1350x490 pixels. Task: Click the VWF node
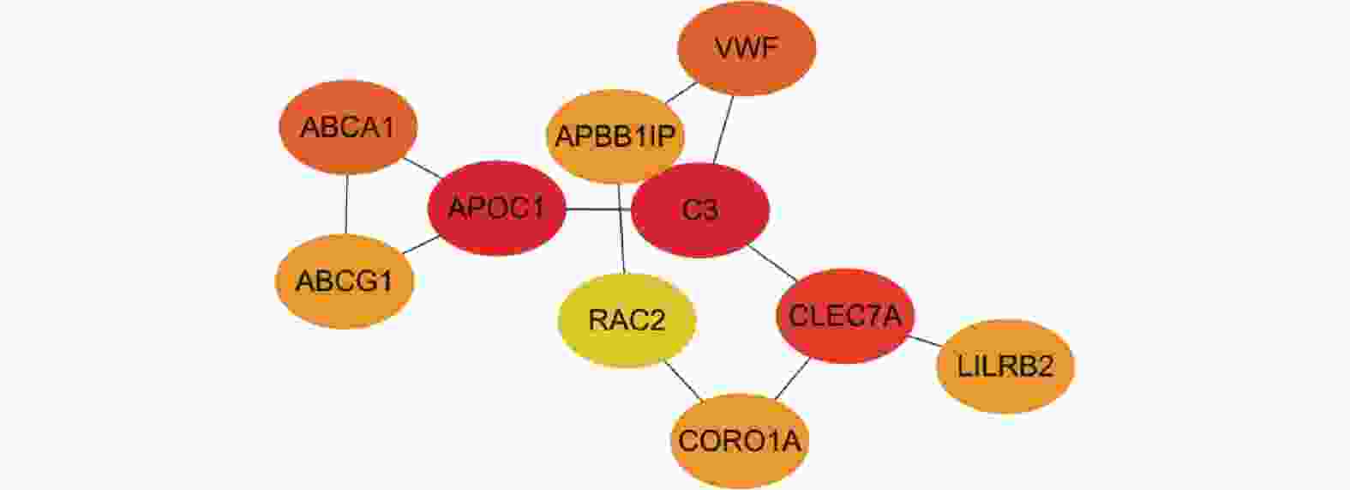point(747,48)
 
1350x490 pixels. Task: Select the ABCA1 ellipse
point(347,127)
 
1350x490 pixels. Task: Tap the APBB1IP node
point(615,136)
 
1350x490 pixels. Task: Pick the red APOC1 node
point(496,209)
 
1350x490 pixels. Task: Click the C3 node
point(699,209)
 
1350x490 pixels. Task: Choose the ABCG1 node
point(344,281)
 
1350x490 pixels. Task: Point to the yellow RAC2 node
point(627,321)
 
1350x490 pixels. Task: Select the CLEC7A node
point(845,316)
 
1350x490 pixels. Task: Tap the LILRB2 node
point(1005,366)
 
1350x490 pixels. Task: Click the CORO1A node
point(739,441)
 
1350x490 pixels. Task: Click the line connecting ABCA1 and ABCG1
point(346,203)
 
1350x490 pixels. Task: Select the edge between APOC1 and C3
point(598,209)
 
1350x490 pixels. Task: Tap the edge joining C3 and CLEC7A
point(772,263)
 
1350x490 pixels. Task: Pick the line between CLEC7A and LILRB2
point(925,342)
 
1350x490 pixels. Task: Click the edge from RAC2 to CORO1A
point(683,379)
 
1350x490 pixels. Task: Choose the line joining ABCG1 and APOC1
point(421,245)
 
